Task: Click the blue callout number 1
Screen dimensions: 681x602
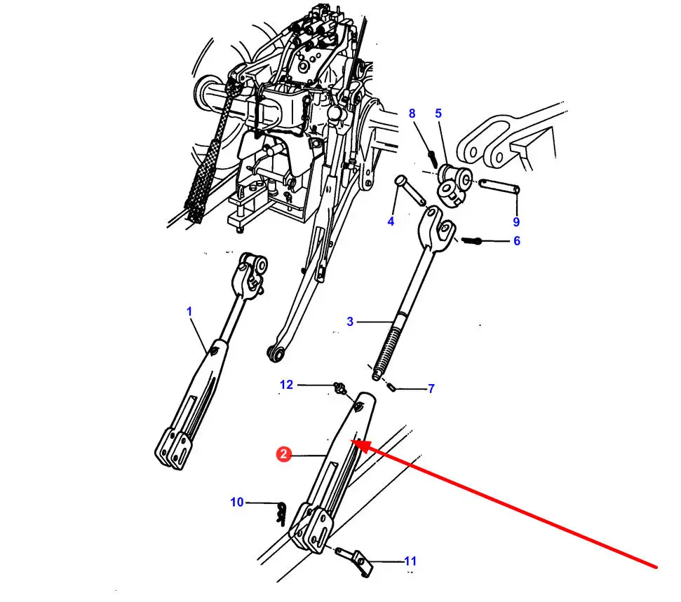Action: (189, 311)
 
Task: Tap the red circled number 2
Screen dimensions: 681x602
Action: (283, 454)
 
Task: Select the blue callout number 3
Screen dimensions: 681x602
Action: (350, 322)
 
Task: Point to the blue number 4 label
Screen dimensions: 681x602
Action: (391, 221)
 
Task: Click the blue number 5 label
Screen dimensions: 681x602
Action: (438, 114)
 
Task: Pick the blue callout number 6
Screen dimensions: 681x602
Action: (517, 241)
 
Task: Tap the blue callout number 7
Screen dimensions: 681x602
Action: (431, 388)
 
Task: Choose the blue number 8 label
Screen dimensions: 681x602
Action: (412, 114)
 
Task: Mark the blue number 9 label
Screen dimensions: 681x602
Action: (516, 221)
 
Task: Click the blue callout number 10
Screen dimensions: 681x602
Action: (236, 502)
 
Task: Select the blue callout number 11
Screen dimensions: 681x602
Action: (410, 561)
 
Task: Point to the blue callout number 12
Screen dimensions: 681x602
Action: (286, 385)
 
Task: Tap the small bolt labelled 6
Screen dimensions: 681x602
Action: (472, 240)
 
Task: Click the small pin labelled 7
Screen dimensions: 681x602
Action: (391, 386)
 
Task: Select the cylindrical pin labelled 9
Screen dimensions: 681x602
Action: (499, 186)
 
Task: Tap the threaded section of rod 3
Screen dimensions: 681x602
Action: (387, 350)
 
